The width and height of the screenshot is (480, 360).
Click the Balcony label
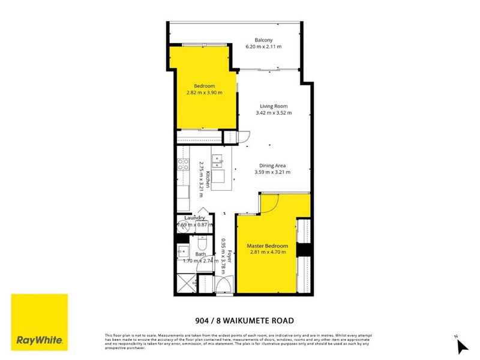pos(264,40)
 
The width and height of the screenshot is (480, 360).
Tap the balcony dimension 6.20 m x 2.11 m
pos(264,46)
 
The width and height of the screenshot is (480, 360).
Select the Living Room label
pos(271,106)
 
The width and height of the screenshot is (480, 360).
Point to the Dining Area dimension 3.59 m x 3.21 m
pos(271,172)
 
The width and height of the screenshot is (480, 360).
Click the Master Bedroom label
pos(268,246)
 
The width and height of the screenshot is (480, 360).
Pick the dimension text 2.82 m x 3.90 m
pos(204,92)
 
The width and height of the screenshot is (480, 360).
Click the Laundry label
pos(195,218)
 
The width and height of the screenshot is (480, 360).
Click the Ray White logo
pos(40,323)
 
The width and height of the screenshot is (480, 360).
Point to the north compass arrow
pos(462,346)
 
